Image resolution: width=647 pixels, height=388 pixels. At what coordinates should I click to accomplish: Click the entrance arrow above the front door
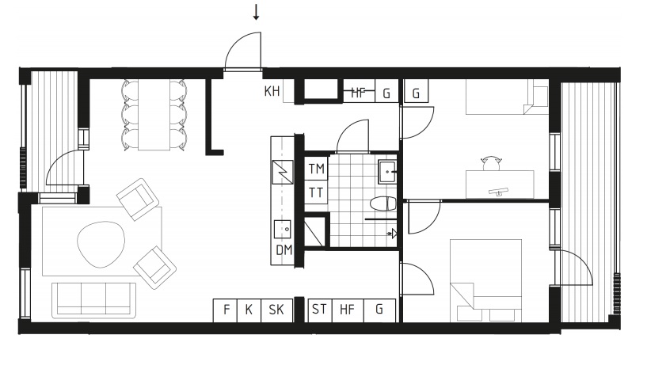(x=257, y=13)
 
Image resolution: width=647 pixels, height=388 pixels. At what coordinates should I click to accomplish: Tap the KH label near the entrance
(x=272, y=91)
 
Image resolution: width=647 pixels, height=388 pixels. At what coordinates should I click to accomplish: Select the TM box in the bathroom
(x=317, y=169)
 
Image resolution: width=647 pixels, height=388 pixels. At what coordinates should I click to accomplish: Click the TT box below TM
(x=317, y=192)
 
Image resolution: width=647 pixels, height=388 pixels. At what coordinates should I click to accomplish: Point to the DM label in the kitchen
(x=284, y=250)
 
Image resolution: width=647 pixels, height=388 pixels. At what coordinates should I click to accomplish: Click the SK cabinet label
(x=276, y=310)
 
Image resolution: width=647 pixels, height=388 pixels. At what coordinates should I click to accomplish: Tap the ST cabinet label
(x=319, y=309)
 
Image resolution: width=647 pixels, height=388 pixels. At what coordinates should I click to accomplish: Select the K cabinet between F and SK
(x=249, y=310)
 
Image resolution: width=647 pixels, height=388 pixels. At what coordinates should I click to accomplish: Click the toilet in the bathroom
(x=383, y=204)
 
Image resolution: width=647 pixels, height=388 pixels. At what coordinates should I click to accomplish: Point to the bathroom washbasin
(x=387, y=172)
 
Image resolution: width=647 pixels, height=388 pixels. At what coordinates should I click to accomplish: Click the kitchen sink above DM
(x=282, y=230)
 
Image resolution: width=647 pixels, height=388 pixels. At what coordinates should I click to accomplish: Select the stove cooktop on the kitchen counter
(x=283, y=172)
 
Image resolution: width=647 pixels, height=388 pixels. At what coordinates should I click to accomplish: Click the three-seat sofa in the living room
(x=94, y=300)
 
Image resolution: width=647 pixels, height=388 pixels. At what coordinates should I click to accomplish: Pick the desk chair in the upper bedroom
(x=491, y=163)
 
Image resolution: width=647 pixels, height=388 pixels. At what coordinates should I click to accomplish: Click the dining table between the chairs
(x=154, y=115)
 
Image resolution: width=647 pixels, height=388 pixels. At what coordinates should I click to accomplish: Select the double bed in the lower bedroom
(x=486, y=280)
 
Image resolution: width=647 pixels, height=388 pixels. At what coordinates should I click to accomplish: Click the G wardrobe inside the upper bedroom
(x=416, y=91)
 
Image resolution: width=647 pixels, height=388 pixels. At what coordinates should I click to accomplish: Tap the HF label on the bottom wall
(x=347, y=310)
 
